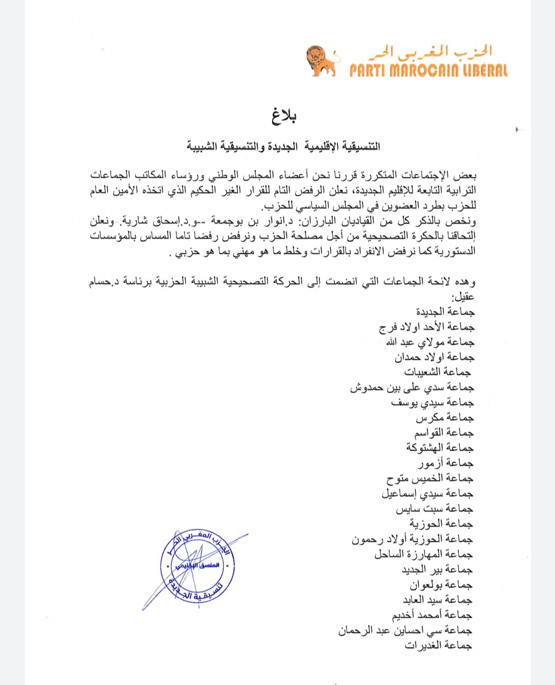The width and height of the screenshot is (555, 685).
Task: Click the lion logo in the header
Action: click(x=322, y=61)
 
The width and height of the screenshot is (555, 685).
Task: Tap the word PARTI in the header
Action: click(x=367, y=70)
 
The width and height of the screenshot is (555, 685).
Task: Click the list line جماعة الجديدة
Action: click(x=445, y=312)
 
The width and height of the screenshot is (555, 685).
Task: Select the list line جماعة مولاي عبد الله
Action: click(x=430, y=342)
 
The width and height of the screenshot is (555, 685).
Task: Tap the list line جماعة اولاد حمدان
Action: click(x=434, y=357)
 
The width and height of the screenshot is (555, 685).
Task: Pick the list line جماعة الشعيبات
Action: click(x=438, y=372)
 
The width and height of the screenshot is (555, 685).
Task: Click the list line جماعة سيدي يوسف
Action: click(x=432, y=402)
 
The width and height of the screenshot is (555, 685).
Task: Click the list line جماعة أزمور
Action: click(x=445, y=463)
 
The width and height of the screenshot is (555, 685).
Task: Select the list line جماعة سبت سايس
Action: click(x=434, y=509)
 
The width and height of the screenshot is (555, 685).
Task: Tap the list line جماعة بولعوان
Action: click(x=441, y=585)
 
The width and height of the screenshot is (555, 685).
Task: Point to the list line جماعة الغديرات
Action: click(x=438, y=645)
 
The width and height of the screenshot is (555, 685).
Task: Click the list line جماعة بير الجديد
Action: click(x=437, y=569)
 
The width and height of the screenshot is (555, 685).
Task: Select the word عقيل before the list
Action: click(x=463, y=297)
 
